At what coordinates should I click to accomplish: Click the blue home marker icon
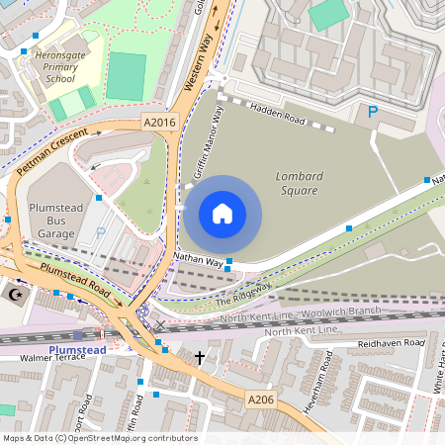[x=222, y=214]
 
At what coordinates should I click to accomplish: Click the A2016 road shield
[x=158, y=123]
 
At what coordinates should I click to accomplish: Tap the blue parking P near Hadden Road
[x=373, y=113]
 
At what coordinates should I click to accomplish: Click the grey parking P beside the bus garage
[x=100, y=233]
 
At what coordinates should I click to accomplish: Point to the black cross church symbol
[x=199, y=356]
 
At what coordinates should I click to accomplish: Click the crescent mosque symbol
[x=15, y=295]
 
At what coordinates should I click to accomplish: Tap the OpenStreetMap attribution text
[x=99, y=437]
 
